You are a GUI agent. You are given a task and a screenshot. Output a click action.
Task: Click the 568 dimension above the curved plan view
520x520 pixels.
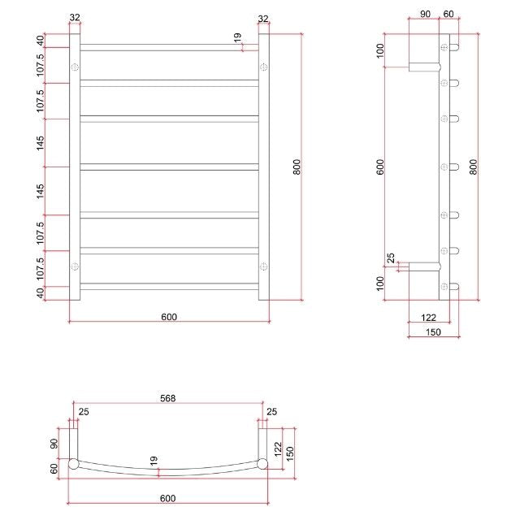pos(168,398)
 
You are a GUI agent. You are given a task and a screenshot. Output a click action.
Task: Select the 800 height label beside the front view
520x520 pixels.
pos(297,167)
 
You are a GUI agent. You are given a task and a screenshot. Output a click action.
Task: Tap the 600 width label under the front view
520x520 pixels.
pos(169,317)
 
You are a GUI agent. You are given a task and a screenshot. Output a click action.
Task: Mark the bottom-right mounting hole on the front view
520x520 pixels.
pos(262,266)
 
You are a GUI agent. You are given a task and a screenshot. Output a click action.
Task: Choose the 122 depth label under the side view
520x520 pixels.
pos(431,317)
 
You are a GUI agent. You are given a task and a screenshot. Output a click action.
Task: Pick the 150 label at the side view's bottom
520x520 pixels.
pos(432,331)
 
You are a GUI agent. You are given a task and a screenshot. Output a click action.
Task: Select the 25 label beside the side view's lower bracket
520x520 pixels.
pos(391,260)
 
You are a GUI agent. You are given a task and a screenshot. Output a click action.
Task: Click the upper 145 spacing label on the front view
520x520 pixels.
pos(41,142)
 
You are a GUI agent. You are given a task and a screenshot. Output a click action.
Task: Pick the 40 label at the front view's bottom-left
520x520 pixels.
pos(41,292)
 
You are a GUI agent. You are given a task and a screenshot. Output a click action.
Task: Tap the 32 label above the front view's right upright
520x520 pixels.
pos(263,18)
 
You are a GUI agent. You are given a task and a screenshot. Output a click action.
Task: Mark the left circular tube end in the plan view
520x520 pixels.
pos(73,465)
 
